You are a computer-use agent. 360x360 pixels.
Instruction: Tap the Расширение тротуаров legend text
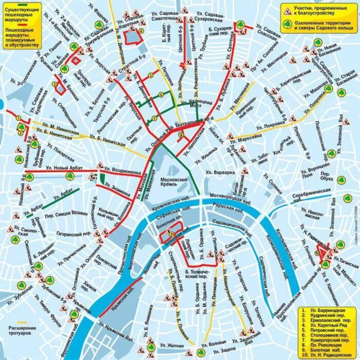(x=22, y=330)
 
